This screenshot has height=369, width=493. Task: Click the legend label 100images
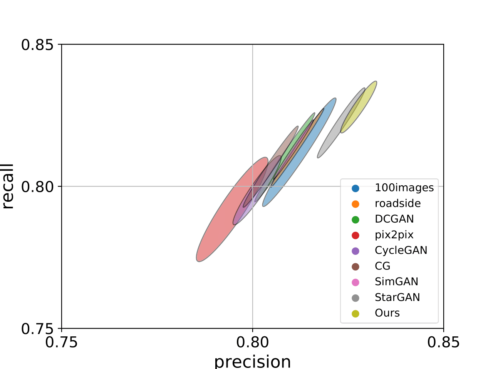click(x=404, y=188)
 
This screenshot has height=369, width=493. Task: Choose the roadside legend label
click(x=397, y=203)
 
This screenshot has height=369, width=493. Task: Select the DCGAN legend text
click(x=394, y=219)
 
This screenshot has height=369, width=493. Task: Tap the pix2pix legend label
click(x=394, y=235)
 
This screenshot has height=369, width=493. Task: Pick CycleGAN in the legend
click(x=401, y=251)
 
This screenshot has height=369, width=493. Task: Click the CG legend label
click(x=382, y=266)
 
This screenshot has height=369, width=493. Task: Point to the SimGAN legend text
click(x=396, y=282)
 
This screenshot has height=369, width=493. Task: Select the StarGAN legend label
click(x=397, y=298)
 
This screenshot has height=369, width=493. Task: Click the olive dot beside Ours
click(x=355, y=313)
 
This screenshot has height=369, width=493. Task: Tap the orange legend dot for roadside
click(x=355, y=204)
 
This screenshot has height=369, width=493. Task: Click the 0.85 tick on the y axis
click(x=37, y=45)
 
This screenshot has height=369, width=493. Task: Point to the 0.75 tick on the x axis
click(x=62, y=342)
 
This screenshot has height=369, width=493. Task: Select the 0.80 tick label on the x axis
click(x=253, y=342)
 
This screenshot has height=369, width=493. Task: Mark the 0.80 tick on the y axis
click(x=37, y=187)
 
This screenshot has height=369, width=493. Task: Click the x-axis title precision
click(x=252, y=361)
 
